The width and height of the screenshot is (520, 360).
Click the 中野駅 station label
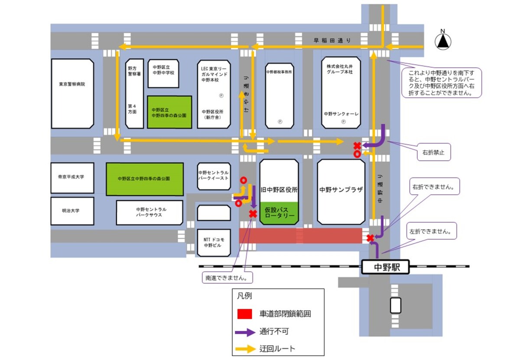click(386, 267)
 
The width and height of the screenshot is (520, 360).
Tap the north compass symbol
click(443, 42)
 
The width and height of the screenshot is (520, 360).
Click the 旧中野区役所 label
click(279, 190)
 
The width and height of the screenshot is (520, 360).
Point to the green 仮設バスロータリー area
click(279, 213)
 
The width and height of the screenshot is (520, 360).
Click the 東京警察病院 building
click(72, 93)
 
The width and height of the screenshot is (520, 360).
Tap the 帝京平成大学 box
click(72, 178)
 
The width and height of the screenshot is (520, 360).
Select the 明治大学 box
click(72, 211)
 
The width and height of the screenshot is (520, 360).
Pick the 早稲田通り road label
click(332, 40)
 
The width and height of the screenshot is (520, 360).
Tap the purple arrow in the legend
click(244, 332)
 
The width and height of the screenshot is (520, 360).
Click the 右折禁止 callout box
click(434, 152)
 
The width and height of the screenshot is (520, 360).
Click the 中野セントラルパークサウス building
click(149, 212)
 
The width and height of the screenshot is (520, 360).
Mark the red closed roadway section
click(300, 236)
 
